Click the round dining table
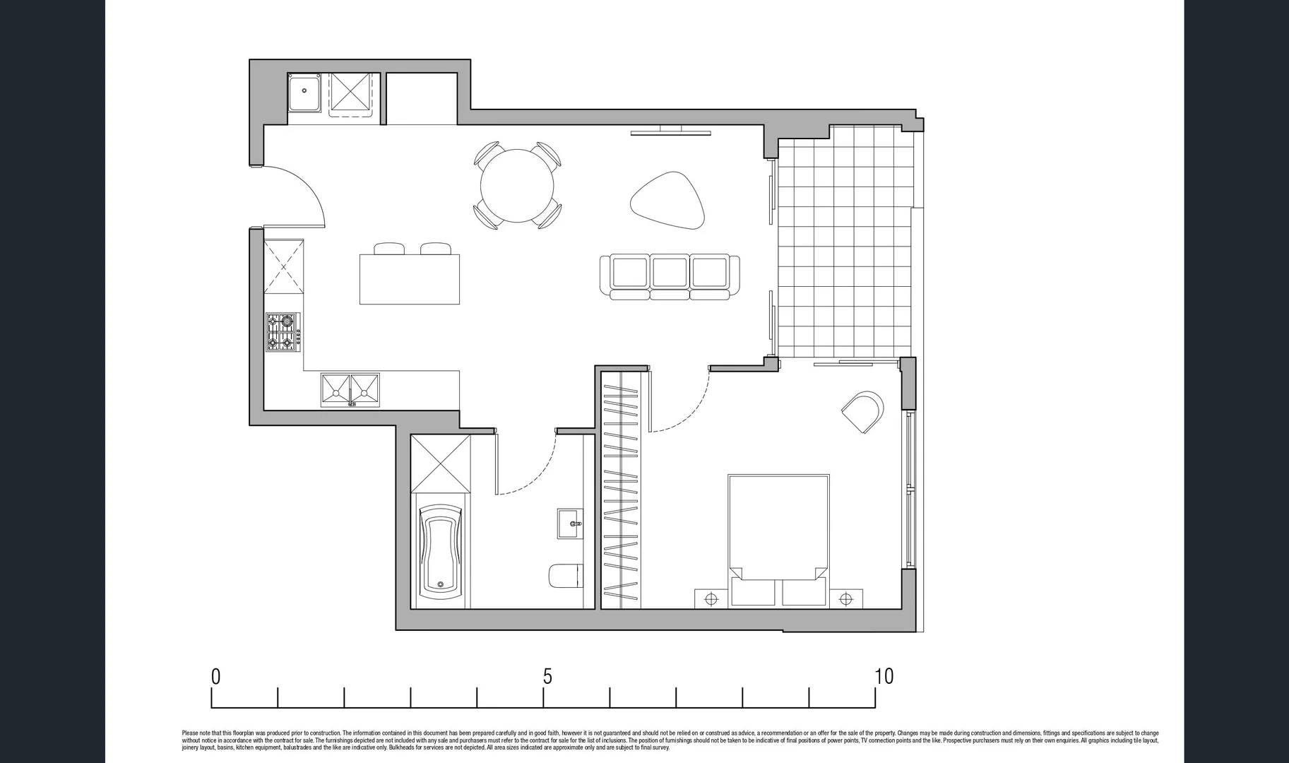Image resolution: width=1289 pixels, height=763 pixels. tap(516, 185)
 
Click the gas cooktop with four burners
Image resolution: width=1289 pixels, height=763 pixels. tap(283, 332)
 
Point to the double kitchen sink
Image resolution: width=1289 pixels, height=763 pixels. tap(350, 390)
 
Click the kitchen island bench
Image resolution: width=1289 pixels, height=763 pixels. tap(410, 279)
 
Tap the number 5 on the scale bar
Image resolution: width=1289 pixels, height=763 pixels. tap(547, 677)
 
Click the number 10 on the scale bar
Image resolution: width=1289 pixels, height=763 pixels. tap(884, 677)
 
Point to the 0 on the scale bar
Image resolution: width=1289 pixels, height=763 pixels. tap(215, 677)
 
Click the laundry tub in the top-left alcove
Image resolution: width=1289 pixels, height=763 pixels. tap(305, 92)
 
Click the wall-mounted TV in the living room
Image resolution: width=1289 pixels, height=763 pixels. tap(671, 131)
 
